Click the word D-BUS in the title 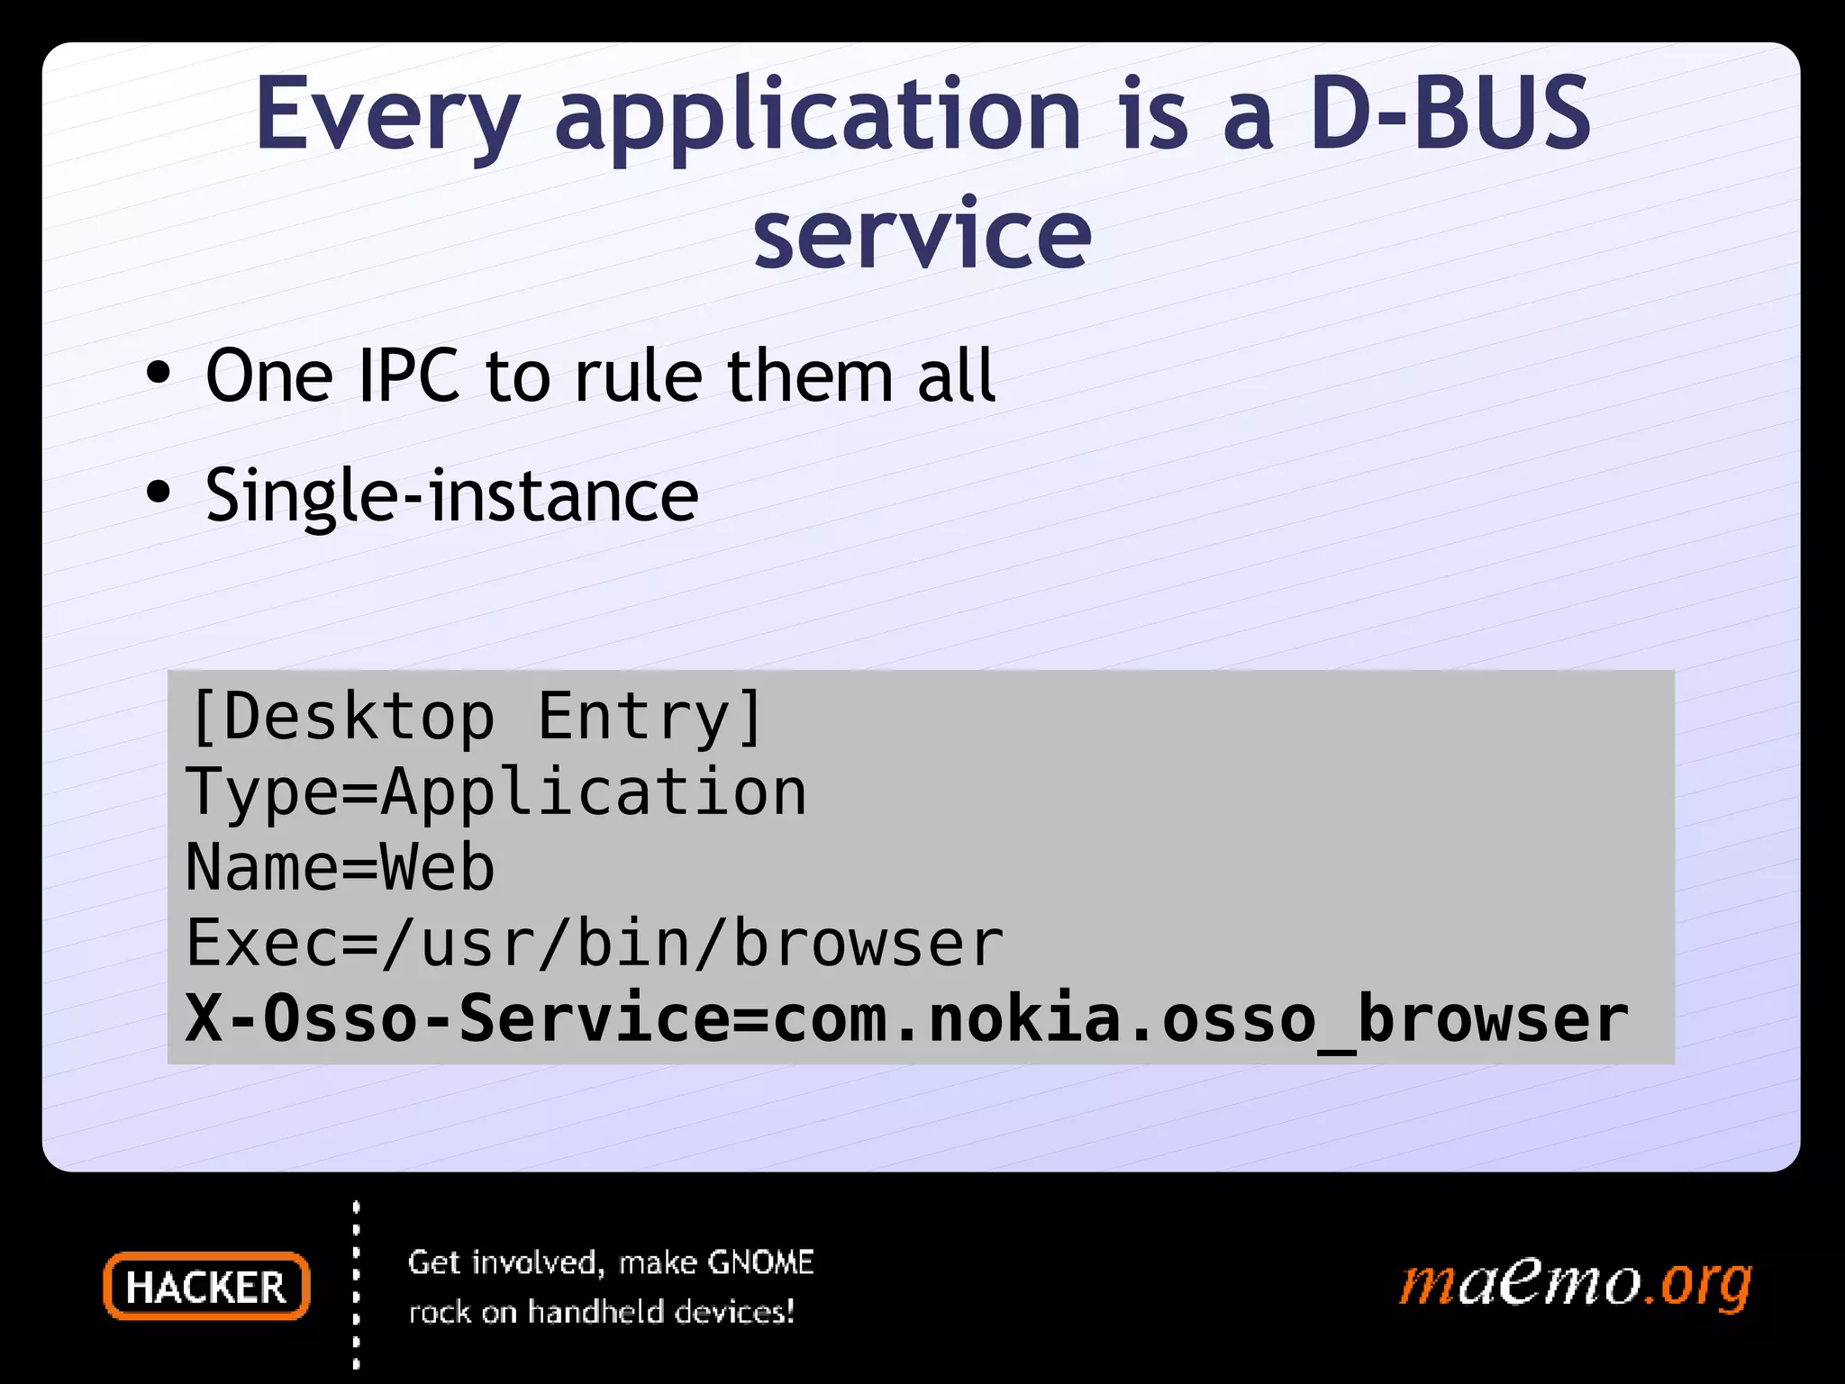[1449, 114]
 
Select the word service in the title [922, 234]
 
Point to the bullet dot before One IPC [159, 374]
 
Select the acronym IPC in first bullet [409, 375]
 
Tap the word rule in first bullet [638, 375]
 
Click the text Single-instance [451, 495]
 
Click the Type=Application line [495, 792]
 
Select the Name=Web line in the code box [340, 867]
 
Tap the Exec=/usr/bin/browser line [595, 943]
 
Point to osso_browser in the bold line [1395, 1018]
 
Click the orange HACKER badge [206, 1286]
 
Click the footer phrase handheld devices [660, 1312]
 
